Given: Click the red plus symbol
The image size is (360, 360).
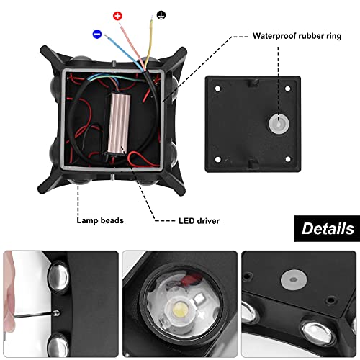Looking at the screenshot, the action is coord(117,16).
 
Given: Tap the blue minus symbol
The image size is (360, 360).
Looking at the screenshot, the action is coord(97,34).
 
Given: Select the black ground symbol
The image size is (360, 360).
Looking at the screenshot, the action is coord(161,15).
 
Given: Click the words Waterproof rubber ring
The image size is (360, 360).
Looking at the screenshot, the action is coord(297,36).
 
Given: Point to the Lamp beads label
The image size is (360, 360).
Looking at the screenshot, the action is coord(100,220).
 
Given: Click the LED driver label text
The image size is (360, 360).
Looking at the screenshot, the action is coord(199,221).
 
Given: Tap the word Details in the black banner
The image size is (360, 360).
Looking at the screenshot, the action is coord(328,228).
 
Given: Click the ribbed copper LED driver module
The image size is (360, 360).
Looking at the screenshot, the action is coord(120,123).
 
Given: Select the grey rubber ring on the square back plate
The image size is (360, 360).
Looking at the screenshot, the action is coord(279,124).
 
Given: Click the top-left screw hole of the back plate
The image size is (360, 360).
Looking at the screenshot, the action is coord(217,89).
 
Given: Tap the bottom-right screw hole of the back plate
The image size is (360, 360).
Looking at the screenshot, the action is coord(288,159).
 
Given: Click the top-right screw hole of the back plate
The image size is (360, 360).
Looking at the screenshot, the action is coord(287,89).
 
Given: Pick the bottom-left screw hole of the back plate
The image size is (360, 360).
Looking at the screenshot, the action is coord(218,159).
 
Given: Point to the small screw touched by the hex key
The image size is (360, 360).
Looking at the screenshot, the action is coord(56,312).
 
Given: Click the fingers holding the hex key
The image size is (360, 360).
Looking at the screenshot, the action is coord(9,290).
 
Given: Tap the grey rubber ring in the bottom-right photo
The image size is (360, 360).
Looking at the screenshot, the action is coord(294,280).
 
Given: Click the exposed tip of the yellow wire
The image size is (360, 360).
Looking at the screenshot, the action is coord(152,18).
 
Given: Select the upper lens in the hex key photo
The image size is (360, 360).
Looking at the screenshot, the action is coord(58,276).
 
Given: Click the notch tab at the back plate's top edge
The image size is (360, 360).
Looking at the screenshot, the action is coord(252,83).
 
